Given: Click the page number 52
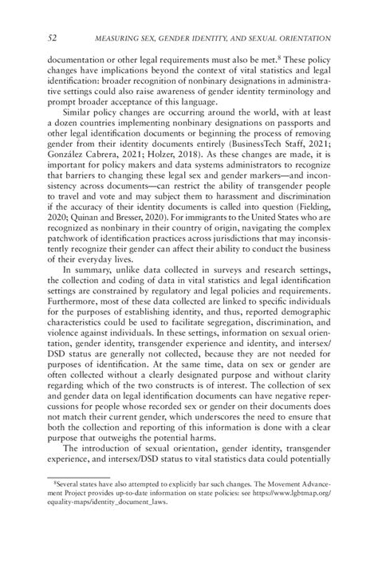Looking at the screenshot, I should [x=53, y=37].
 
